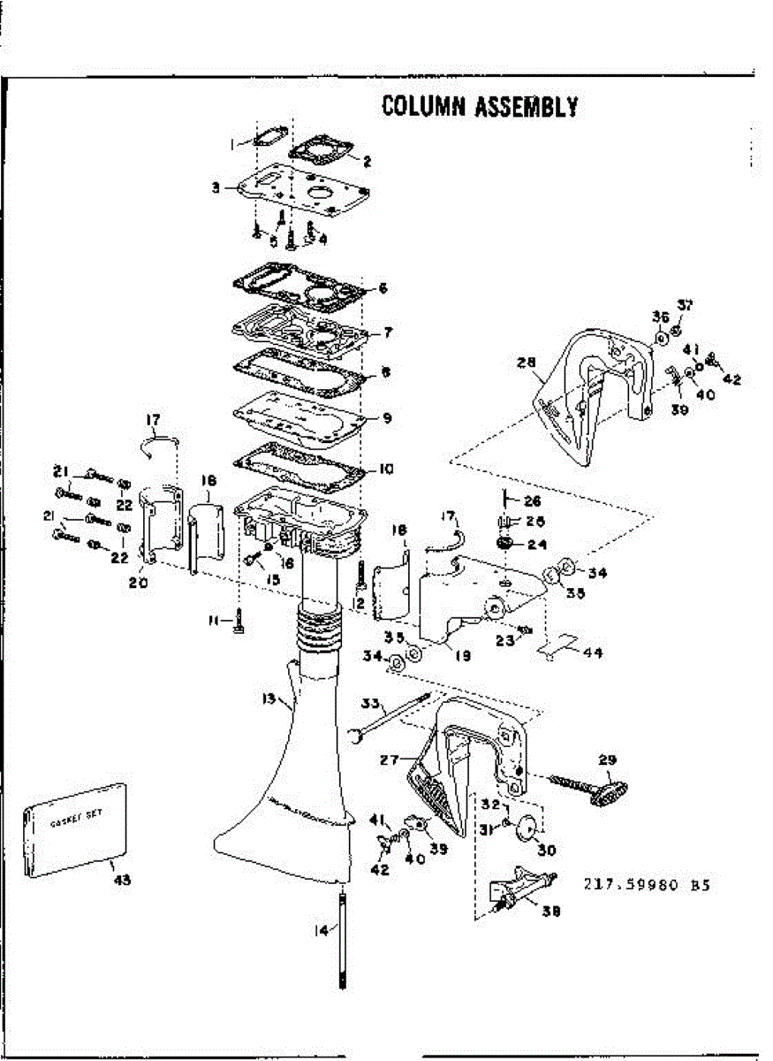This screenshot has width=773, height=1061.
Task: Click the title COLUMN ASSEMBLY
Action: point(480,106)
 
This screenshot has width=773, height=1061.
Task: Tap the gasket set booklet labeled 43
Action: point(76,830)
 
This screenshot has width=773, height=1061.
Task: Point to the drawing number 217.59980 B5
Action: point(647,883)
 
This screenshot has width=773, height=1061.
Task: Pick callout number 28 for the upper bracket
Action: point(527,363)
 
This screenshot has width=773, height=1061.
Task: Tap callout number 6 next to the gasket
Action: point(383,288)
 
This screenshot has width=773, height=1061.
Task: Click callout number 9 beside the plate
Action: point(386,417)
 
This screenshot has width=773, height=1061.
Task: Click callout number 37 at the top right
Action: point(685,305)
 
